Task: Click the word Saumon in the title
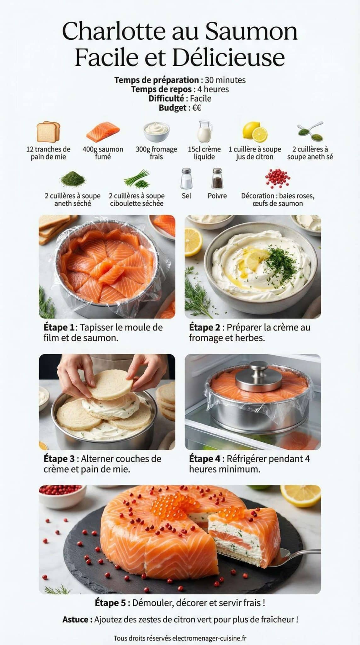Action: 251,32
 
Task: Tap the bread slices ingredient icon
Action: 48,132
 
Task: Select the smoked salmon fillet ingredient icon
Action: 103,132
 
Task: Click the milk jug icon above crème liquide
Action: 204,131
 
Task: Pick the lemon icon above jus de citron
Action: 255,132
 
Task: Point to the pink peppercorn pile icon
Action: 277,178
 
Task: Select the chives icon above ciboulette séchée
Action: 137,179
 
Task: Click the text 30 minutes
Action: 225,80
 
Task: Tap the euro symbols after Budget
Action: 197,108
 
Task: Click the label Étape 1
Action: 59,328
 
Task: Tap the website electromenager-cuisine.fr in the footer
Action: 209,638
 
